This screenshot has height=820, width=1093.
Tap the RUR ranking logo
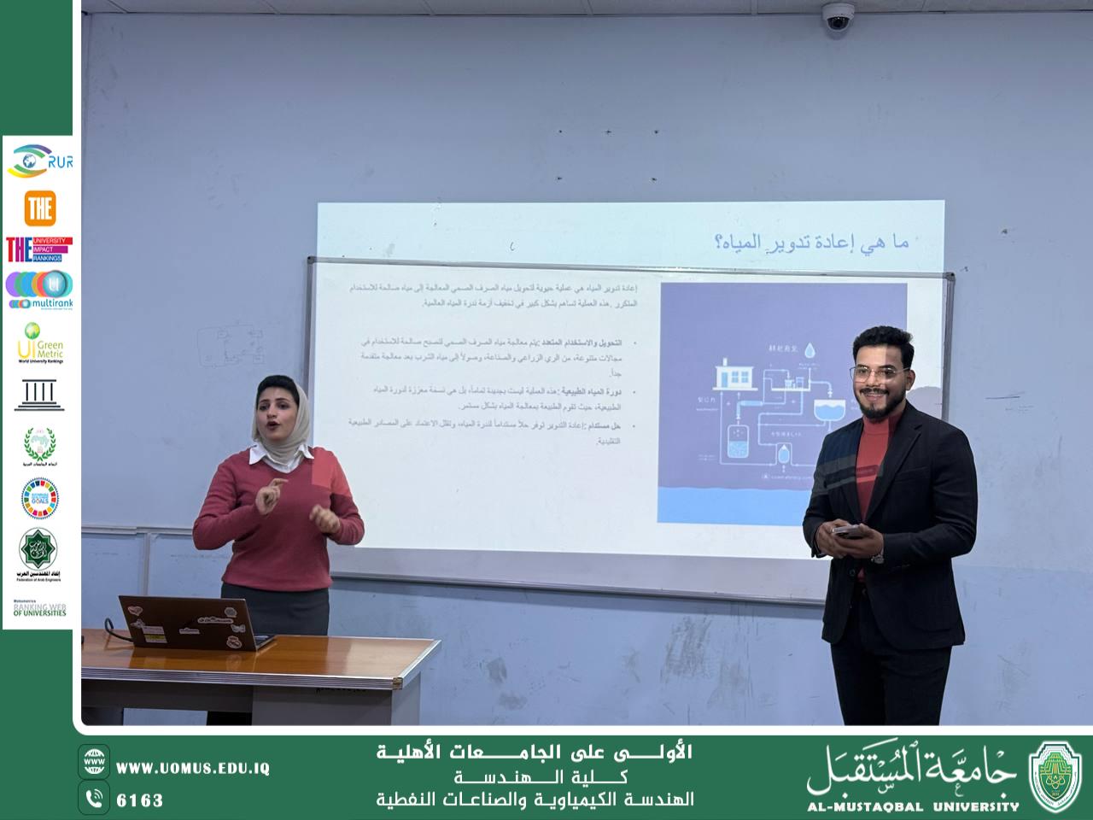click(39, 161)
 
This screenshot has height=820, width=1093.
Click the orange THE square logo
click(39, 208)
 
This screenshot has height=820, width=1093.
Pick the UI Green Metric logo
click(39, 343)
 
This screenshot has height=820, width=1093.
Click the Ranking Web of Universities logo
click(39, 609)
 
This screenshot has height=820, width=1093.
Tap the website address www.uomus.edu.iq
click(192, 768)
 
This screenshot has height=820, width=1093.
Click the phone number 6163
click(139, 800)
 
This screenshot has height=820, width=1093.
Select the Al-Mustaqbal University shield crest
click(1055, 776)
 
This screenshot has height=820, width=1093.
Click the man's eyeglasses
click(879, 373)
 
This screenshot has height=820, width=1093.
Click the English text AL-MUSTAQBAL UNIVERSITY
click(914, 805)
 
